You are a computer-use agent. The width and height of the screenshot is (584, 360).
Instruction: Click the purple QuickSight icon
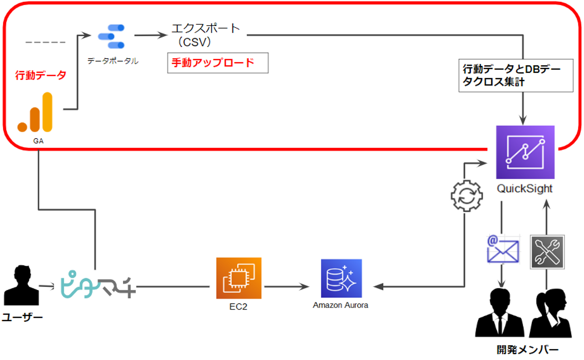[x=525, y=152]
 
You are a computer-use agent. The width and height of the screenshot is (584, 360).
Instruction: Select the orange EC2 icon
[x=238, y=278]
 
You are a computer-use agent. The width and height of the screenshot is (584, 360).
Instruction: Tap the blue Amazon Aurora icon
[x=341, y=278]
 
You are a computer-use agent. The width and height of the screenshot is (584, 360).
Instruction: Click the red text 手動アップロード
[x=213, y=63]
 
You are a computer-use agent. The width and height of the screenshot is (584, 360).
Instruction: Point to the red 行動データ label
[x=41, y=75]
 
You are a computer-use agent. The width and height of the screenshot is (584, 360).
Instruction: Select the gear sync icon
[x=467, y=196]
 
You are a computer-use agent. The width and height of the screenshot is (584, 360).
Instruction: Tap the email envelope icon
[x=503, y=249]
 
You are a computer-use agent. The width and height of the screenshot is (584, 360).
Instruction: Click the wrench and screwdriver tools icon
[x=547, y=252]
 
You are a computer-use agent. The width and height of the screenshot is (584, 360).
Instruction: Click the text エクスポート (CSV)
[x=205, y=35]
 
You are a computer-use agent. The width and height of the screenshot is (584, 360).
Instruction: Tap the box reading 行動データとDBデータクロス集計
[x=515, y=75]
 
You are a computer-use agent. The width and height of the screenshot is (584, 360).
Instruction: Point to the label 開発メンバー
[x=527, y=349]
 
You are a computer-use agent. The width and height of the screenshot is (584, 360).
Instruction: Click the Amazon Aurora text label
[x=340, y=305]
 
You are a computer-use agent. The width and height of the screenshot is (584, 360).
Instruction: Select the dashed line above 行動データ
[x=45, y=42]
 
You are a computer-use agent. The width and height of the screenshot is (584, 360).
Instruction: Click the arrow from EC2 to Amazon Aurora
[x=286, y=287]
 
